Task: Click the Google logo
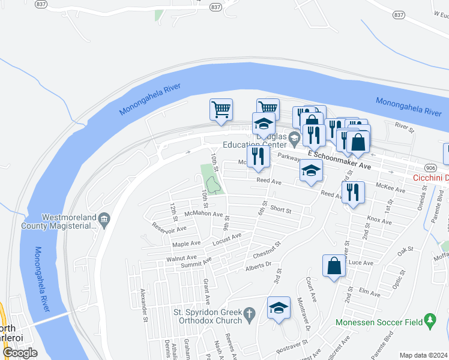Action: tap(20, 353)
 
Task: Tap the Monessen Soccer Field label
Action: tap(382, 321)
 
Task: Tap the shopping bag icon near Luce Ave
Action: tap(334, 266)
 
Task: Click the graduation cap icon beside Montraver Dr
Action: tap(278, 308)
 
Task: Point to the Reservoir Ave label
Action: tap(169, 227)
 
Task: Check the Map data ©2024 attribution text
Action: tap(423, 355)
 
